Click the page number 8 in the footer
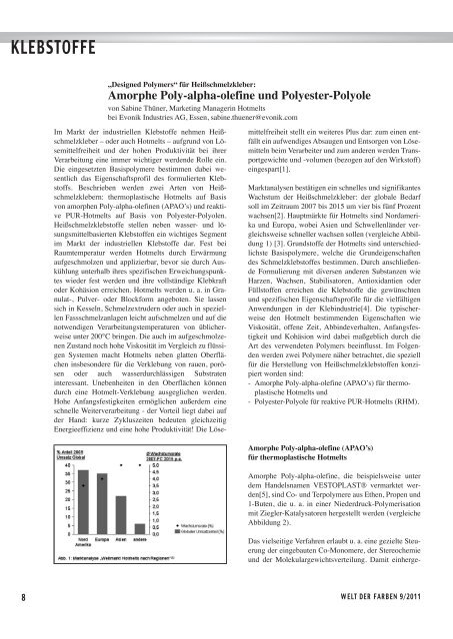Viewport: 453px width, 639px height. coord(8,624)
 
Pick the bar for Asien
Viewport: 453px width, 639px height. coord(120,515)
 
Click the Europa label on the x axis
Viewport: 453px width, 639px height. coord(102,539)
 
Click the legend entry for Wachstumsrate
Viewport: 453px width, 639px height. coord(190,526)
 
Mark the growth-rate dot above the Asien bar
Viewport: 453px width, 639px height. coord(120,464)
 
